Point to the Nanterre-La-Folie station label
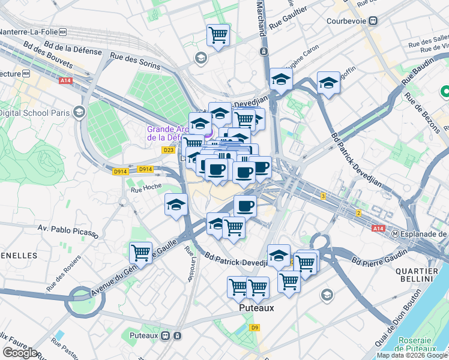(32, 32)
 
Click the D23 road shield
(168, 150)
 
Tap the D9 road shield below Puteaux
(255, 327)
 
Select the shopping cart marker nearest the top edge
(218, 34)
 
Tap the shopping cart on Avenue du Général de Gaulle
(141, 252)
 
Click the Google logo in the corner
(20, 352)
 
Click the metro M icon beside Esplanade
(396, 233)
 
